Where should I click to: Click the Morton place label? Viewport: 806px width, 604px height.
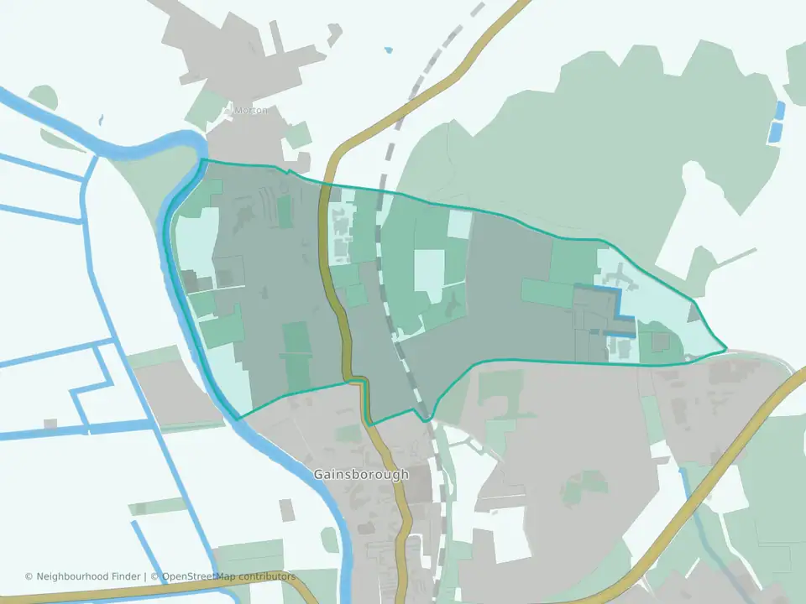[x=250, y=110]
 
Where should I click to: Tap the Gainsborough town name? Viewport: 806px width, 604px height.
[x=361, y=474]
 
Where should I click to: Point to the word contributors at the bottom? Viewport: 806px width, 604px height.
[x=268, y=576]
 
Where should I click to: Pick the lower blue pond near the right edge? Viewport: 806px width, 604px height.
[x=775, y=131]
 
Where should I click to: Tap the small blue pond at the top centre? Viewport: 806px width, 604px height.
[x=388, y=49]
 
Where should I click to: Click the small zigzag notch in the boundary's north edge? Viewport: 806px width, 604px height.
[x=289, y=171]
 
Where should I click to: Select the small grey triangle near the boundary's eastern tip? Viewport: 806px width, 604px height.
[x=693, y=314]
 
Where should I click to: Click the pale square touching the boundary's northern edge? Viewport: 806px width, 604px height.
[x=458, y=224]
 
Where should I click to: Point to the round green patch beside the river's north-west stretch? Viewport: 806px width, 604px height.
[x=44, y=98]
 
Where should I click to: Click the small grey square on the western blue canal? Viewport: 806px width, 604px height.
[x=50, y=424]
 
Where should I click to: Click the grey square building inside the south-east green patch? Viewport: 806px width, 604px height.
[x=661, y=342]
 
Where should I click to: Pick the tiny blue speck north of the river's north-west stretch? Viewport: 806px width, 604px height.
[x=100, y=119]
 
